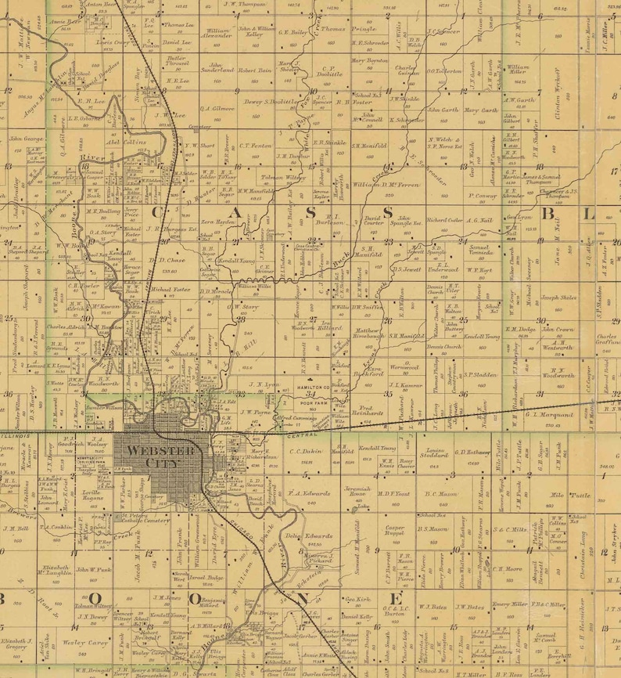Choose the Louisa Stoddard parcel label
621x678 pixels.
coord(433,454)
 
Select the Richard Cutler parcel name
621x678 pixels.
coord(446,220)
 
